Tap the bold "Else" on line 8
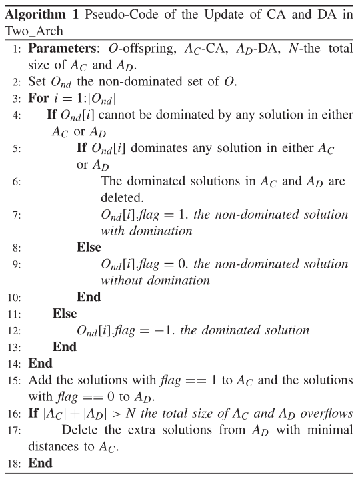(89, 246)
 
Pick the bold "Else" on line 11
(65, 312)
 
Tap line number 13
(15, 346)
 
